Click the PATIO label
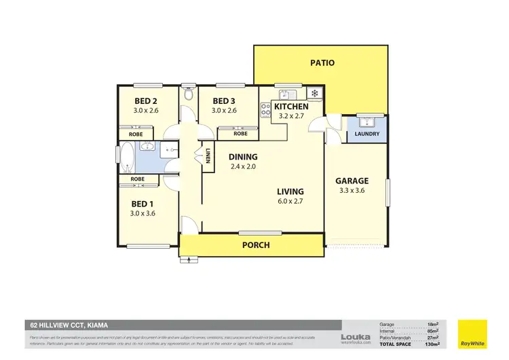[322, 63]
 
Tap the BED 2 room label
[145, 101]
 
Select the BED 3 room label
[223, 101]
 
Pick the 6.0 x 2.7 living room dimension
[290, 201]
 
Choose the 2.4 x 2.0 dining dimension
[244, 166]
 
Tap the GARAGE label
[352, 181]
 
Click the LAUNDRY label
[366, 134]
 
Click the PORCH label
[255, 245]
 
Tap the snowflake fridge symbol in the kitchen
[314, 93]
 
